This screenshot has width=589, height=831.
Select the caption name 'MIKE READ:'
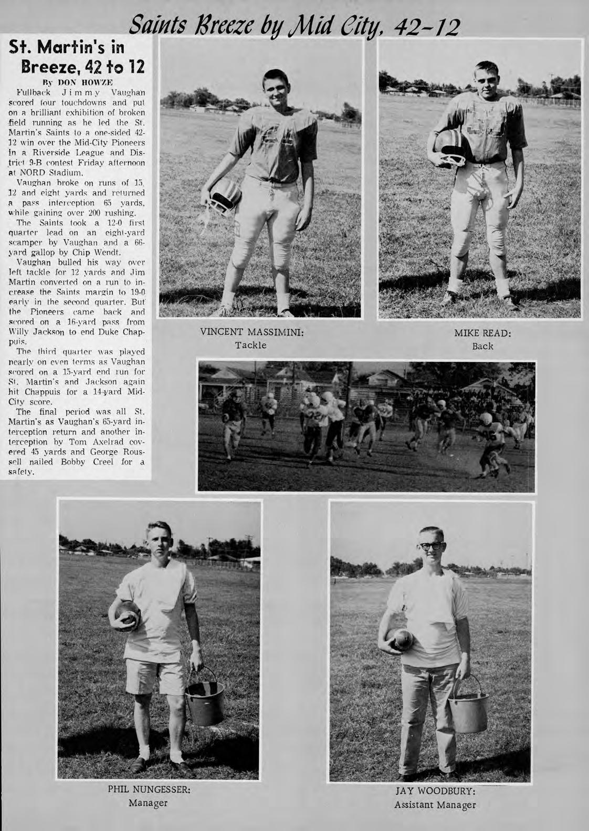coord(482,334)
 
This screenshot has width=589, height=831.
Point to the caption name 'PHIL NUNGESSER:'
coord(149,790)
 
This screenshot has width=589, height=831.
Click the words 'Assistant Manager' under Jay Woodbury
coord(435,805)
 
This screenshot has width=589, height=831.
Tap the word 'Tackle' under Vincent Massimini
coord(251,345)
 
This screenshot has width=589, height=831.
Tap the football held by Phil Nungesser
coord(124,615)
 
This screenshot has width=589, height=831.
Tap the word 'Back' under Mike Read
coord(482,346)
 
